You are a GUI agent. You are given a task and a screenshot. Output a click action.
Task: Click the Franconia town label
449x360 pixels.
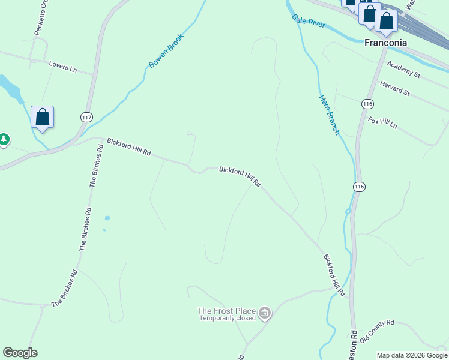386,43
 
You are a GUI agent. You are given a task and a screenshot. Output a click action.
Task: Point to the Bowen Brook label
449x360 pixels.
166,50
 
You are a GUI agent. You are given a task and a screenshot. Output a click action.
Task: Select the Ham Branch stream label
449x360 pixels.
330,114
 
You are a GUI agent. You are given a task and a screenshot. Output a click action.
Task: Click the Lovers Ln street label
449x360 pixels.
63,66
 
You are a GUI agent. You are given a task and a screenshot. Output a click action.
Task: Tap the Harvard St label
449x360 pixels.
394,89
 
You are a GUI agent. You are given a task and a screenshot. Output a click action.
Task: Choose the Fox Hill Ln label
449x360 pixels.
382,122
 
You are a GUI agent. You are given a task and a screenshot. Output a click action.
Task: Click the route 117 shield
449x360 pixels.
87,118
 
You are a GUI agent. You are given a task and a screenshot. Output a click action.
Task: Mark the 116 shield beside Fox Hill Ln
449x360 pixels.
367,104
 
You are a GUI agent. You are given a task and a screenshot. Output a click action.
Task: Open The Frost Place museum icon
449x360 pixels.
265,313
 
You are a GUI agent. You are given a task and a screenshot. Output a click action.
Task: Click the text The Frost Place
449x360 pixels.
226,311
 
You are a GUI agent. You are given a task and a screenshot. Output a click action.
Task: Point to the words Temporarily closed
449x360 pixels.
228,318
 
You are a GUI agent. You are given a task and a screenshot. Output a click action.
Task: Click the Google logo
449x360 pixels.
20,353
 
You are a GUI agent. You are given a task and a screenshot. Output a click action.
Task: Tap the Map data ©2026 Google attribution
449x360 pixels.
412,355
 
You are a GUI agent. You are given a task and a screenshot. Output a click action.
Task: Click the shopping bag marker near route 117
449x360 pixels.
42,116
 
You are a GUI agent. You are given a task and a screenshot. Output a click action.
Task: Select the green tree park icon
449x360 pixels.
4,140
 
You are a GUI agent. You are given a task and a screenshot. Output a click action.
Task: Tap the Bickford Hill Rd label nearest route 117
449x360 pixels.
128,147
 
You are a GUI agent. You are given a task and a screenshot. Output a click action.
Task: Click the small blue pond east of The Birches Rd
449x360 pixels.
107,218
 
